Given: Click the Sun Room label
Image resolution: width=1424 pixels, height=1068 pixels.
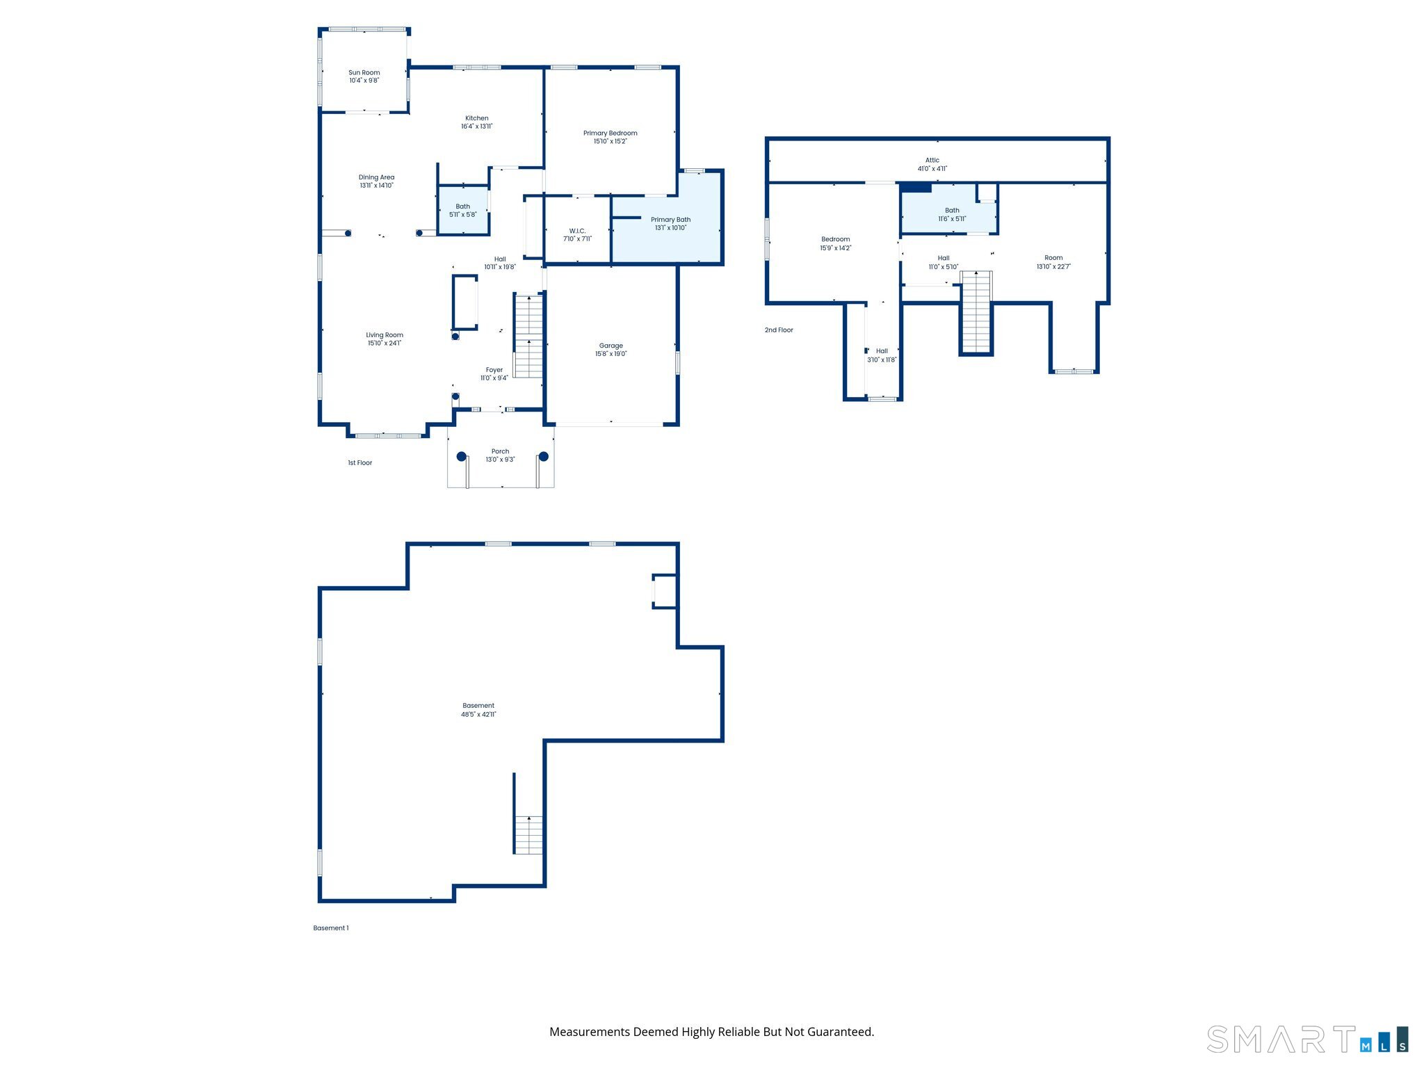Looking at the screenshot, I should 364,72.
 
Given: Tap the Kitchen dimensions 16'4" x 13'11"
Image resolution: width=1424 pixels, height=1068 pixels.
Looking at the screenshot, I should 476,127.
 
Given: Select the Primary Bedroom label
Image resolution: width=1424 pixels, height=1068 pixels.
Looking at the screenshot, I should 610,133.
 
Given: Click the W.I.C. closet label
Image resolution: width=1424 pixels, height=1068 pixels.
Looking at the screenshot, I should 577,231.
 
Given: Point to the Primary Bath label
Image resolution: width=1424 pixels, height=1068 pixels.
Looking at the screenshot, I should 670,220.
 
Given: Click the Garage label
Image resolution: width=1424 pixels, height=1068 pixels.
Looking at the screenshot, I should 610,346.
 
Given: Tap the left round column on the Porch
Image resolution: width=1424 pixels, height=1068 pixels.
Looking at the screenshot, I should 461,457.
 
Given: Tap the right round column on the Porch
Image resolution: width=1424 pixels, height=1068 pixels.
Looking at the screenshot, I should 544,457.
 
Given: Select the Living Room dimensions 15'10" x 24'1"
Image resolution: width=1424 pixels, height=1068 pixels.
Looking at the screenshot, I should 385,343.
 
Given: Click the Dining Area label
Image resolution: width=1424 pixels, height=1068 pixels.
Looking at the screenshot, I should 376,177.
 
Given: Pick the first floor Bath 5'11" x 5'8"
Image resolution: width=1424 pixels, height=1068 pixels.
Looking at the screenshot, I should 462,210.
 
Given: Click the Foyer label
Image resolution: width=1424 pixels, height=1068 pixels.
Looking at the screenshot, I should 494,370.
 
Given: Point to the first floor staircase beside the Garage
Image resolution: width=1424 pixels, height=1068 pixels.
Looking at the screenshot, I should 528,337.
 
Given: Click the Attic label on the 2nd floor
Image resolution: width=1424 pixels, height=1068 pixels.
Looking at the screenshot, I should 932,160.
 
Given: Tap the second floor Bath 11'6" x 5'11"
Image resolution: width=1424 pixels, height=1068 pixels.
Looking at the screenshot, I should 952,214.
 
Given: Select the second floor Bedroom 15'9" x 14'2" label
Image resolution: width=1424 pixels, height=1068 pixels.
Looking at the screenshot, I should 835,239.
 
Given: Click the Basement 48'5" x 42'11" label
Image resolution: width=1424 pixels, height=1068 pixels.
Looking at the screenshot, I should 478,710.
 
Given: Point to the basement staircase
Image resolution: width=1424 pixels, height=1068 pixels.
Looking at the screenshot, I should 528,835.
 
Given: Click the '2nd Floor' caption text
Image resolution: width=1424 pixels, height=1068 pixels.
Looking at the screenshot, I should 779,330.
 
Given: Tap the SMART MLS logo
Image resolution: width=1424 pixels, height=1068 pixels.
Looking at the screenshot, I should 1307,1039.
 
